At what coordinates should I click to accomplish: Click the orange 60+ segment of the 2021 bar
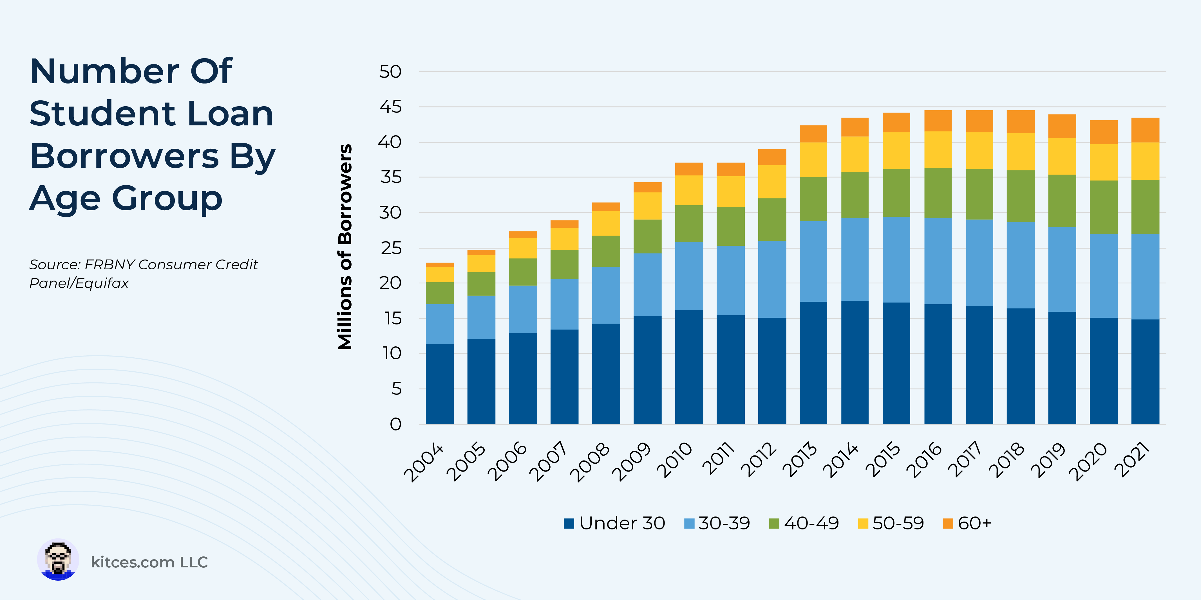(1145, 130)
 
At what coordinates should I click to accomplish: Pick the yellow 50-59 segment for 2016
(938, 150)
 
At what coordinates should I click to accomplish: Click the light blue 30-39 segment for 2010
(689, 276)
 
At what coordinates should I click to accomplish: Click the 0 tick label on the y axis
(395, 424)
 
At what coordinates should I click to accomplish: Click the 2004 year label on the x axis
(424, 462)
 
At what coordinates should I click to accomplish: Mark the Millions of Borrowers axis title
(345, 247)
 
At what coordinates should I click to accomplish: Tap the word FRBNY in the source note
(111, 265)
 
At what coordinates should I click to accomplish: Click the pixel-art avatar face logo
(58, 560)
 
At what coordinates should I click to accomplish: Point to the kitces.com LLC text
(149, 562)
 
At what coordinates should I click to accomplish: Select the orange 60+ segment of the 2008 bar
(606, 206)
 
